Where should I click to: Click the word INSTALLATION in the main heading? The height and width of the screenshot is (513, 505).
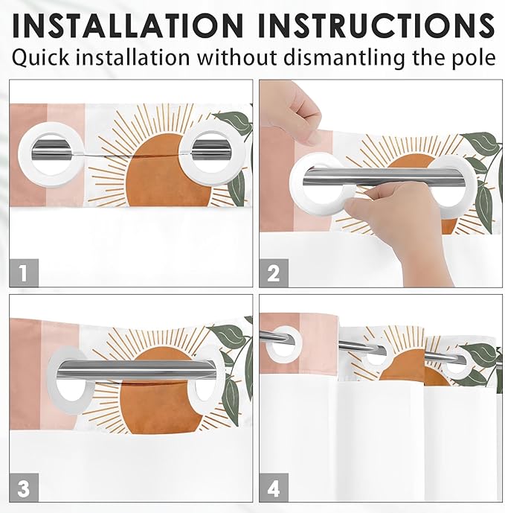127,25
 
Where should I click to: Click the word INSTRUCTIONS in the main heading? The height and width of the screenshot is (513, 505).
376,25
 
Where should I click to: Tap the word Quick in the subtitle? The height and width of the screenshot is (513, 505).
40,57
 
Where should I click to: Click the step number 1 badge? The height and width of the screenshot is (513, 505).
24,273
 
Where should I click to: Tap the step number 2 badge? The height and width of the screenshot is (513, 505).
274,273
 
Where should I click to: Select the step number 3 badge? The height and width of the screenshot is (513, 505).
24,488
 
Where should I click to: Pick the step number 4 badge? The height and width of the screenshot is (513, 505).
274,488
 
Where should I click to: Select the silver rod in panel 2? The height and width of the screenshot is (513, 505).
382,176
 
